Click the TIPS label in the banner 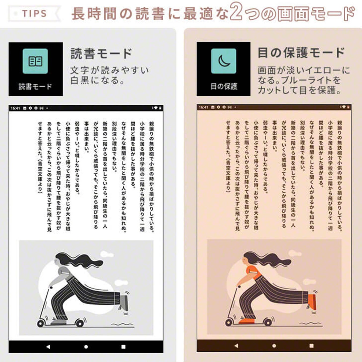pos(34,13)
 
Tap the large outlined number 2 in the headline pos(236,11)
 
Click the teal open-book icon pos(35,61)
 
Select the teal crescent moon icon pos(224,61)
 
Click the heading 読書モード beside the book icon pos(101,53)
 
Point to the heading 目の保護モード pos(301,53)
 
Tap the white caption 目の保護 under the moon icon pos(224,86)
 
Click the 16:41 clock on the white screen pos(15,108)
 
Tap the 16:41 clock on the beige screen pos(204,107)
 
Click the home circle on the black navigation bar pos(86,347)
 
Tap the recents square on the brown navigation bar pos(312,346)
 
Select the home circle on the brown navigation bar pos(274,346)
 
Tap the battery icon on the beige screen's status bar pos(348,107)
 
